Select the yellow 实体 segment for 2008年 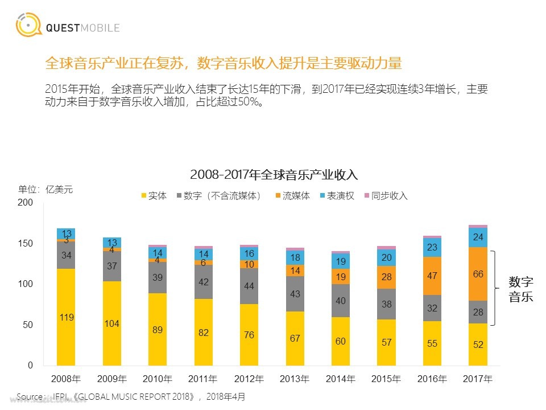tap(67, 317)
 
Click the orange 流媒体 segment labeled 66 tap(478, 274)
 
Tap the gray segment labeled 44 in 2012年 tap(249, 286)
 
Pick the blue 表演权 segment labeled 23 tap(432, 247)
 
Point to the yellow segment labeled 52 tap(478, 344)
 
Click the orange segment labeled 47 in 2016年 tap(432, 276)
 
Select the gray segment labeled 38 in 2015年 tap(387, 304)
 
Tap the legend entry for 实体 tap(154, 196)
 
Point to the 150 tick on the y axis tap(26, 243)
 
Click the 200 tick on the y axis tap(26, 203)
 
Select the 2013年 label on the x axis tap(295, 379)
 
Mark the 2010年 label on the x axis tap(158, 379)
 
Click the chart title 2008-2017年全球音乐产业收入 tap(274, 174)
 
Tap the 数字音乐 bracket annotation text tap(520, 289)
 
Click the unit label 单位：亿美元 tap(45, 190)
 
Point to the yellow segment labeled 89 tap(158, 329)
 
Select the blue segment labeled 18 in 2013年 tap(295, 257)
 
